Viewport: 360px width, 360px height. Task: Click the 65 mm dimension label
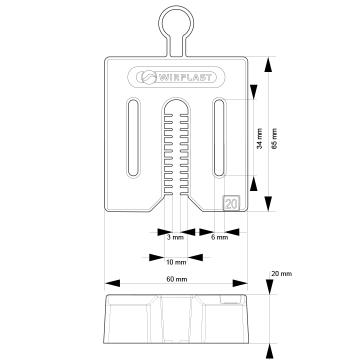[274, 138]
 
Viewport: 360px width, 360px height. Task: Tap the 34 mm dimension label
[260, 138]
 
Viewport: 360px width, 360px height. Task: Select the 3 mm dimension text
[175, 238]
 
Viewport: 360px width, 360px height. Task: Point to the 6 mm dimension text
[220, 238]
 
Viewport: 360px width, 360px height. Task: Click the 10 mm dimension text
[176, 262]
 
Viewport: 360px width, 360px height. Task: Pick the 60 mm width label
[177, 279]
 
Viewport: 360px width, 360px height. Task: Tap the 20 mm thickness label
[282, 274]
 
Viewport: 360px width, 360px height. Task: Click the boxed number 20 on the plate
[231, 203]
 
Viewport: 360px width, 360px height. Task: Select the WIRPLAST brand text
[184, 78]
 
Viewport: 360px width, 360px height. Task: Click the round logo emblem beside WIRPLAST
[147, 78]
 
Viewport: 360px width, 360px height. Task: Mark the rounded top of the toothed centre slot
[176, 99]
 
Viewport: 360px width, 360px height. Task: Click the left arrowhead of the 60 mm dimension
[112, 283]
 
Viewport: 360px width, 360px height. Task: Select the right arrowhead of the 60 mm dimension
[240, 283]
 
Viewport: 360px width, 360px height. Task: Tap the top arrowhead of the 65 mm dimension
[268, 64]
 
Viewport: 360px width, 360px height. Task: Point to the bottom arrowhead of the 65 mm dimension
[268, 204]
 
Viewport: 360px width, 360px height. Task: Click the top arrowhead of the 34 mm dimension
[254, 92]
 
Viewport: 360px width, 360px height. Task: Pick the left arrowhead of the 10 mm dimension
[157, 257]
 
